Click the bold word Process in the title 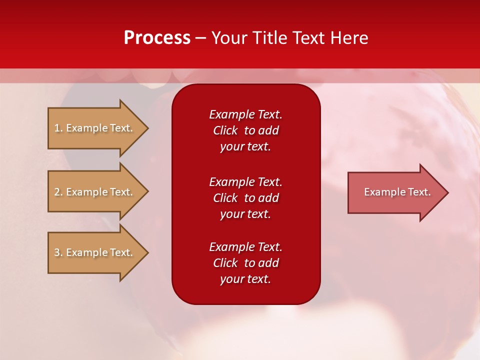157,38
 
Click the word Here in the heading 348,38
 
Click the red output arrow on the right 395,192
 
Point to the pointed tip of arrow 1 146,128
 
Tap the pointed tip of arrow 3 146,252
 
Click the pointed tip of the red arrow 447,192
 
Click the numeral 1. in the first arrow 58,128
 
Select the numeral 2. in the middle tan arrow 58,192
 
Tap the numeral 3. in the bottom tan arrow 58,252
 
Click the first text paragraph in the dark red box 245,130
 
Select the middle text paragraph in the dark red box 245,198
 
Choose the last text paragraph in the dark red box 245,263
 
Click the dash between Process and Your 200,38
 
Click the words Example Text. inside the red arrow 397,192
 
